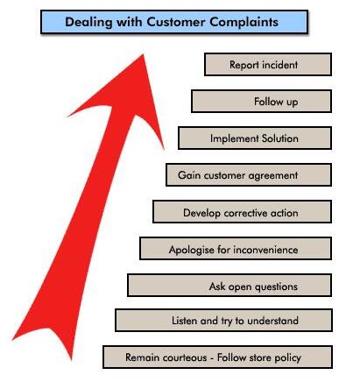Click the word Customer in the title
[176, 22]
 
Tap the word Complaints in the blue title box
[244, 23]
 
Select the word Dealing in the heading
[88, 23]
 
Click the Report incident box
[268, 64]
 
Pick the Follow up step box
[261, 101]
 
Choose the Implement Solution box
[255, 138]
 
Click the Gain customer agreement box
[249, 174]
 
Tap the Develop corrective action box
[242, 212]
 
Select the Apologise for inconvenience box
[236, 249]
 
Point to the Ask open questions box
[229, 285]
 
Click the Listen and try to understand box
[223, 321]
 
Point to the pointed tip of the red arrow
[144, 54]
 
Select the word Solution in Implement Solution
[280, 138]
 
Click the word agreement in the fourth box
[273, 176]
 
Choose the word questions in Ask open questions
[276, 287]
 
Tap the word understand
[272, 321]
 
